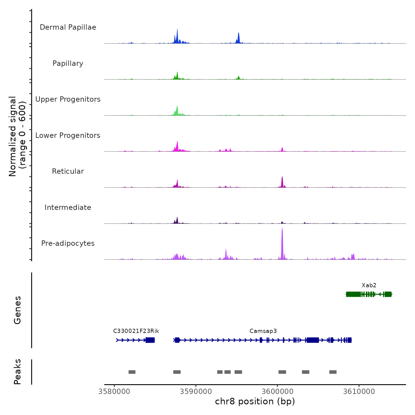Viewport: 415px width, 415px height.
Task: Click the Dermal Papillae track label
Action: (68, 27)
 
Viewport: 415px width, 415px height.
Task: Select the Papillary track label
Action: (68, 63)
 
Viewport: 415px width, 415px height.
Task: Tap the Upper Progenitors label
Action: (68, 99)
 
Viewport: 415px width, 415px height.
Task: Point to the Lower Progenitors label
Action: (68, 135)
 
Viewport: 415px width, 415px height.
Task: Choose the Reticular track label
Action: (68, 171)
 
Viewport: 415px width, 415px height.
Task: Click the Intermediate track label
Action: (68, 207)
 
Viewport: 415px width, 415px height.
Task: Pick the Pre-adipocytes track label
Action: (68, 243)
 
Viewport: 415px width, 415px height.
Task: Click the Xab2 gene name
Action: (369, 285)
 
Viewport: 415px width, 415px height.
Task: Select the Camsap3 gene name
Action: (263, 331)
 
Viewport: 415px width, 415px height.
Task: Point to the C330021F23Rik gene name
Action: (136, 331)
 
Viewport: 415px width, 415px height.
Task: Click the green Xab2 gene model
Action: (369, 294)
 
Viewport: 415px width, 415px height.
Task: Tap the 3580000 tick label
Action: (114, 392)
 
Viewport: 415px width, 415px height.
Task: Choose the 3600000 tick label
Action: (277, 392)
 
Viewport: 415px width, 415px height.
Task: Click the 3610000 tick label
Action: (359, 392)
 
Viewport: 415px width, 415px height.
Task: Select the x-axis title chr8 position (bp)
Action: (255, 402)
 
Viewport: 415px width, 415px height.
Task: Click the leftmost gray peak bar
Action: (132, 372)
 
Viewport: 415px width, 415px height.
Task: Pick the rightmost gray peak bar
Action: (333, 372)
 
